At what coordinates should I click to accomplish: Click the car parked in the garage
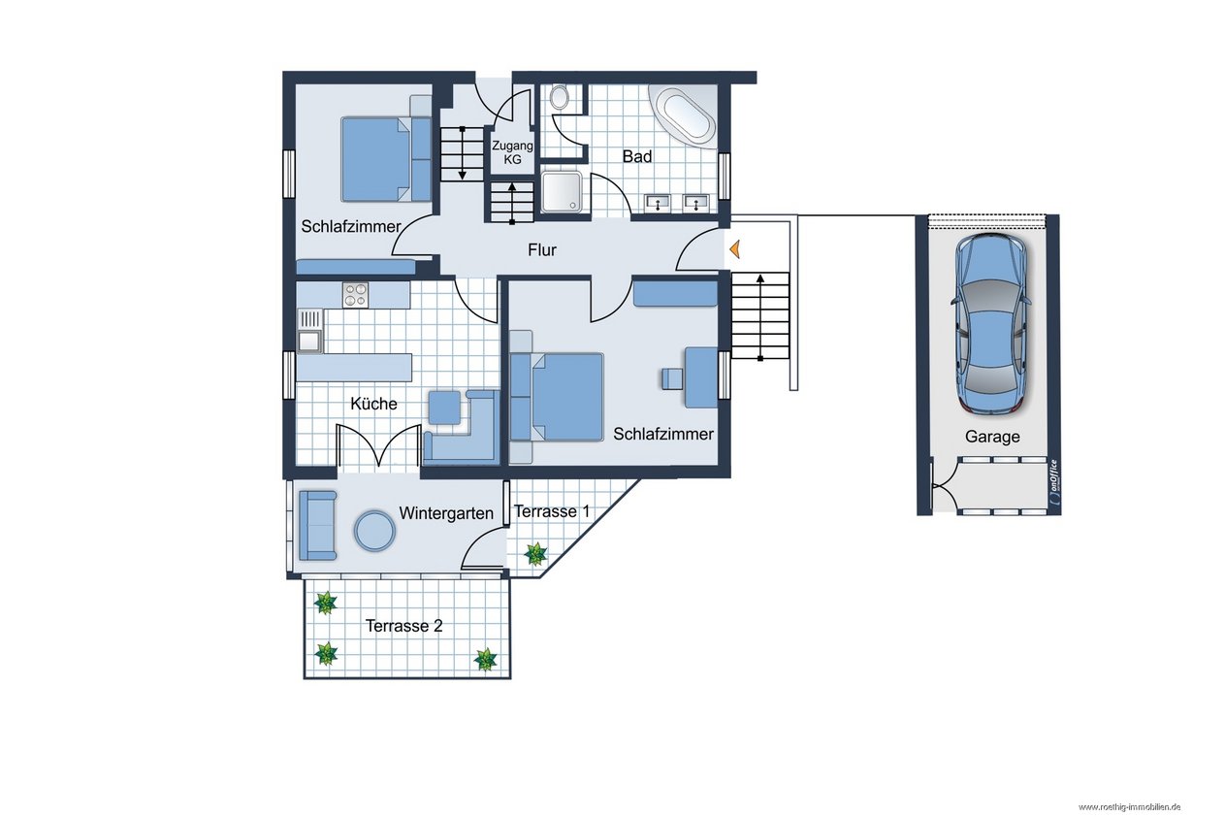point(991,323)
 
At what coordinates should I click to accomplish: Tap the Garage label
point(992,437)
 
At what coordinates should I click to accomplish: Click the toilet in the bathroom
point(560,97)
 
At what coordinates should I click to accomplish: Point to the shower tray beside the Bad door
point(562,190)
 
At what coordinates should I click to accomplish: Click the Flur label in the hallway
point(542,250)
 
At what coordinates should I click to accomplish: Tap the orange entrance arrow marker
point(734,249)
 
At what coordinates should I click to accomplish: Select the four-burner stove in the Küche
point(355,294)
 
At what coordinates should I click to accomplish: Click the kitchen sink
point(309,330)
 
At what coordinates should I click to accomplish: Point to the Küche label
point(373,404)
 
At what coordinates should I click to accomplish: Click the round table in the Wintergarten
point(374,530)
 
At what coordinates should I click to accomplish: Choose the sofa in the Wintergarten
point(317,525)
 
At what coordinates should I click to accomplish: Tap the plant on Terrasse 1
point(534,554)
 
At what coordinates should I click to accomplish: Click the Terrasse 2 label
point(403,626)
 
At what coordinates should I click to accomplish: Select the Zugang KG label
point(512,152)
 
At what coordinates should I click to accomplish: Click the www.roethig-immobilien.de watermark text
point(1129,807)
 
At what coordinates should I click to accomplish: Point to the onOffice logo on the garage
point(1052,481)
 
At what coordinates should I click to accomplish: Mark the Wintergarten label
point(446,513)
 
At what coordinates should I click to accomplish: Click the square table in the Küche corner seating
point(444,408)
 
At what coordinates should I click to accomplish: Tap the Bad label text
point(637,156)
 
